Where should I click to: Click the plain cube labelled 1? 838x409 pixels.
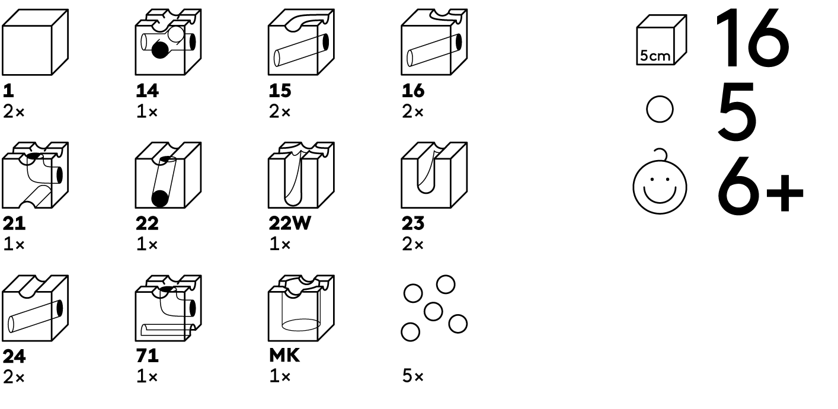34,43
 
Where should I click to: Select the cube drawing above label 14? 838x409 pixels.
168,43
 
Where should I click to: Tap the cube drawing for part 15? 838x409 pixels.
301,43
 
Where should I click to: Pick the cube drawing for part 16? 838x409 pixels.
434,43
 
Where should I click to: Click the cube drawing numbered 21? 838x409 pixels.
34,175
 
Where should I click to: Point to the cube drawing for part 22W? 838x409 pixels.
301,175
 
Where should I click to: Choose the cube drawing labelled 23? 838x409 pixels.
434,175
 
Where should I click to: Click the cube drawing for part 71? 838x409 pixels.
168,308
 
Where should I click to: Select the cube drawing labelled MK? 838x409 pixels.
301,308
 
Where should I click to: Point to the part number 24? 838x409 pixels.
14,357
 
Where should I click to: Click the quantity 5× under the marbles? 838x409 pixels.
412,377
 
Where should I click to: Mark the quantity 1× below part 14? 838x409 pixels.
146,111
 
